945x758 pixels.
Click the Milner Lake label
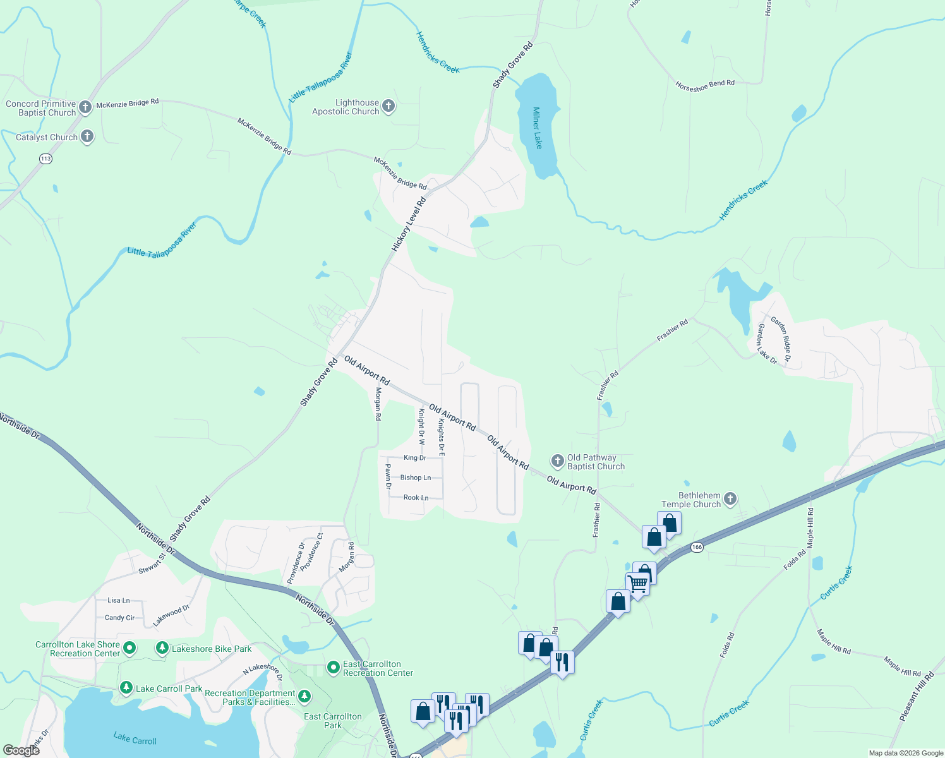click(537, 128)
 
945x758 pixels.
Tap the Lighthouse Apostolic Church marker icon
click(388, 106)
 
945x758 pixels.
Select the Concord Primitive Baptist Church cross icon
click(85, 107)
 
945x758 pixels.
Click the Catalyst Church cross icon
click(87, 136)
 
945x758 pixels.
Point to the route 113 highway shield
click(45, 159)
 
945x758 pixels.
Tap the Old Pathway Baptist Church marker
click(557, 460)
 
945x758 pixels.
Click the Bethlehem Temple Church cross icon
click(730, 499)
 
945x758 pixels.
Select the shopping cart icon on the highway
click(638, 584)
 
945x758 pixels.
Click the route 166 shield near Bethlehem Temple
click(697, 547)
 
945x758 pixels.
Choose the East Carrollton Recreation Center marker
click(334, 667)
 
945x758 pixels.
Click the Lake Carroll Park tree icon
click(126, 687)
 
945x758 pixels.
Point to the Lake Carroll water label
click(135, 738)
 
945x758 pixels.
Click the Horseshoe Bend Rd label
click(705, 85)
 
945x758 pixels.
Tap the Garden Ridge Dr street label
click(781, 339)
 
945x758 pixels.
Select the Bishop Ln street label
click(416, 478)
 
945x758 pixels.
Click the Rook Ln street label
click(416, 498)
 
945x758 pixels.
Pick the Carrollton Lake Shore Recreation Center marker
click(129, 647)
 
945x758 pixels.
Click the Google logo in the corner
click(21, 750)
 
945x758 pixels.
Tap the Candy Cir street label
click(119, 618)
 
